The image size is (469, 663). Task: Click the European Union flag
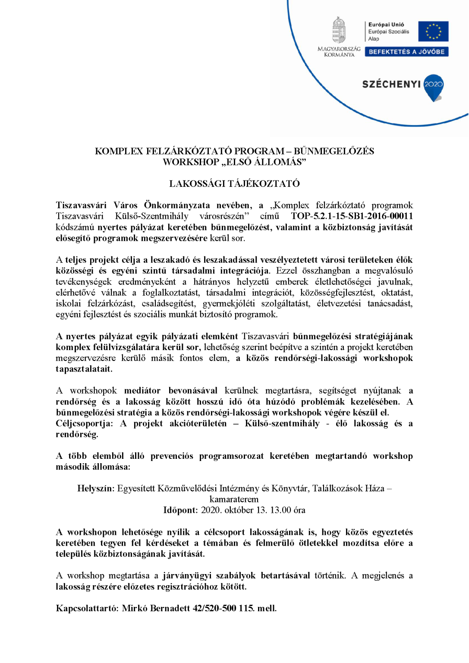click(x=433, y=32)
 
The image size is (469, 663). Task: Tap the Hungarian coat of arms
click(x=339, y=30)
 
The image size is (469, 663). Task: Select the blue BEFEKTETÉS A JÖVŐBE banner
click(x=406, y=52)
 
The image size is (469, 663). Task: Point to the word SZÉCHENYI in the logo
click(x=391, y=84)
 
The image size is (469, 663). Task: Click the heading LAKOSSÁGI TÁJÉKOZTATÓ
click(x=234, y=184)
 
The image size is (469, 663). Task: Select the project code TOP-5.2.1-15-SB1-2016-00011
click(x=352, y=216)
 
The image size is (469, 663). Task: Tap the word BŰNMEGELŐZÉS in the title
click(x=334, y=151)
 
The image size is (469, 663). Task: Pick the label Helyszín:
click(x=96, y=489)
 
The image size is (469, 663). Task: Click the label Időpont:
click(x=180, y=510)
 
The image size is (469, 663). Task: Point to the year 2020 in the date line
click(x=211, y=510)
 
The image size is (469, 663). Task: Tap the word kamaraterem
click(x=234, y=499)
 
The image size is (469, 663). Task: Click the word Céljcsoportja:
click(x=84, y=423)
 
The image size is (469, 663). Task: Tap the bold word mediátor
click(x=142, y=391)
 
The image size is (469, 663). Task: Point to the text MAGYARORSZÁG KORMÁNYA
click(x=339, y=52)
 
